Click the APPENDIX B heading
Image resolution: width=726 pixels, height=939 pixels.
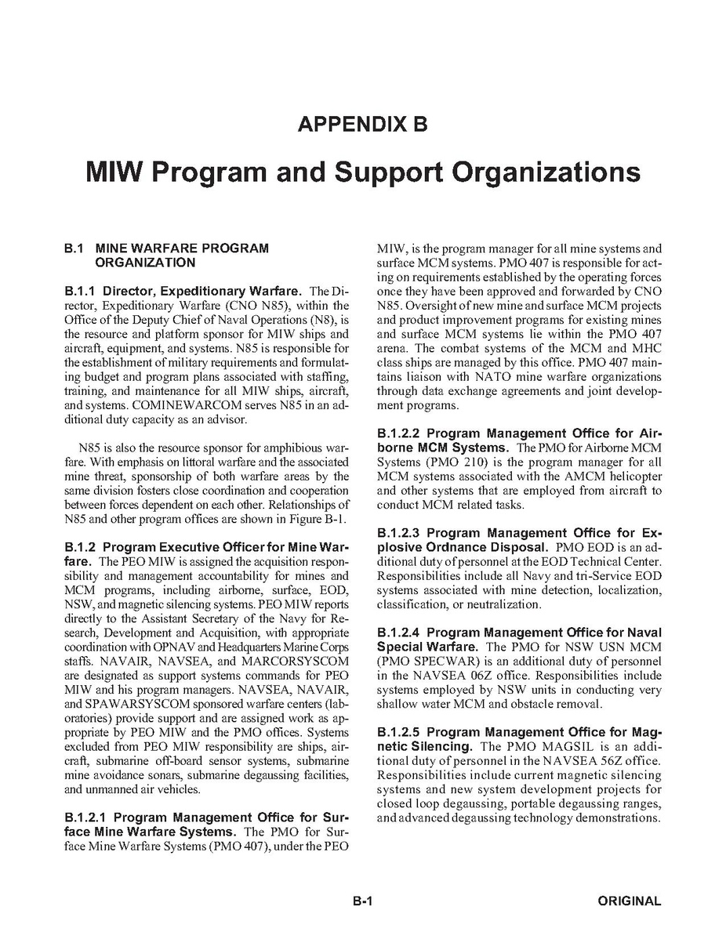pyautogui.click(x=362, y=124)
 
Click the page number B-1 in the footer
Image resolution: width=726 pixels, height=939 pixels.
pyautogui.click(x=361, y=901)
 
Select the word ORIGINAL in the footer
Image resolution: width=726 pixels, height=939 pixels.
pyautogui.click(x=629, y=901)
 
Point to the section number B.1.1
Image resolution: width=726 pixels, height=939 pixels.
pyautogui.click(x=80, y=292)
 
